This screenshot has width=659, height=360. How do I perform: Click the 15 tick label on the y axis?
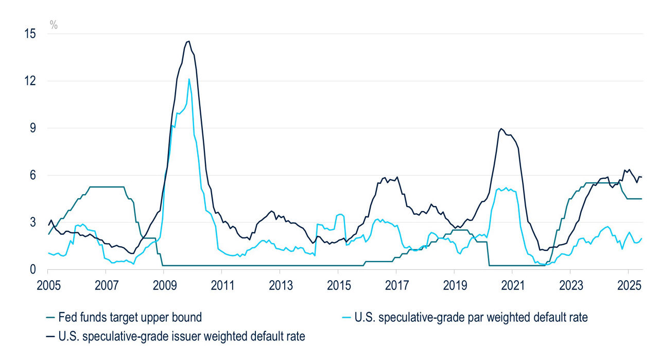pos(31,34)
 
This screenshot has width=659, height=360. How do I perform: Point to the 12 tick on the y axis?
pos(31,81)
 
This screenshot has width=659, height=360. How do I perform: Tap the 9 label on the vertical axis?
pos(34,128)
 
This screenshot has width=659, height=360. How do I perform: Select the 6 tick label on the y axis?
pos(34,175)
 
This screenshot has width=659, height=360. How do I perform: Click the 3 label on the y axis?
pos(34,222)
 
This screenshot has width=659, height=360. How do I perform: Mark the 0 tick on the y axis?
pos(34,269)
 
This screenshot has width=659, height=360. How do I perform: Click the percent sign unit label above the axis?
pos(54,24)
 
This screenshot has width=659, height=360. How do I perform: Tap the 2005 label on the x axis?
pos(47,284)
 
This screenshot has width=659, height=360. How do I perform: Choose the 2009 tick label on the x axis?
pos(163,284)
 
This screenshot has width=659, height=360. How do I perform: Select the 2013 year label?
pos(280,284)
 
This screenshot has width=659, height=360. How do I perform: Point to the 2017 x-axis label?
pos(396,284)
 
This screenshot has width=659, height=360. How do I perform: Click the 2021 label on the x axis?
pos(512,284)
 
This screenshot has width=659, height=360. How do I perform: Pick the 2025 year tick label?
pos(628,284)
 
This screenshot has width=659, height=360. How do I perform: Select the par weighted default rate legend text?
pos(471,318)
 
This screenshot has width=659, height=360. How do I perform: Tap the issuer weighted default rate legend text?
pos(182,337)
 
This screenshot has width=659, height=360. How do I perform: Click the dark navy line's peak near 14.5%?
pos(188,41)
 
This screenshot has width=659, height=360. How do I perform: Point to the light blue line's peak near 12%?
pos(189,79)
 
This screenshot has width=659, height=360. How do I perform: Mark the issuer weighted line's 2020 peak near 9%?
pos(501,129)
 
